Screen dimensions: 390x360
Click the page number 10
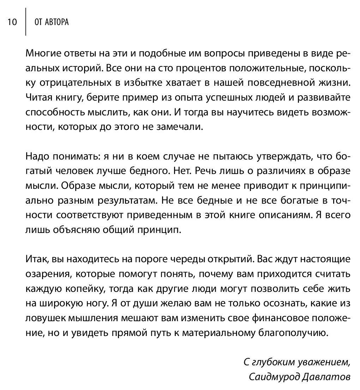tap(12, 22)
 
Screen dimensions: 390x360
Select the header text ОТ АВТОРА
tap(52, 22)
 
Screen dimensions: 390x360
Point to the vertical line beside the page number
tap(26, 22)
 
